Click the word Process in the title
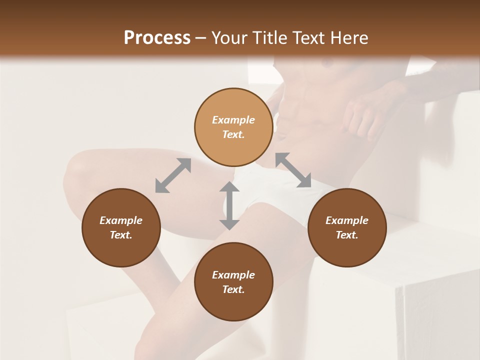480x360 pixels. [157, 38]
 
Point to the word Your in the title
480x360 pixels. [228, 38]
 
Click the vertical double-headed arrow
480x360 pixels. [229, 205]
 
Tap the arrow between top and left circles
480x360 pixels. [173, 175]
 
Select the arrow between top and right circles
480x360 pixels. [293, 170]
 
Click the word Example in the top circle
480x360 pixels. [233, 120]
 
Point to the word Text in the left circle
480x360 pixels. [121, 235]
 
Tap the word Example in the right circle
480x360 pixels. [347, 220]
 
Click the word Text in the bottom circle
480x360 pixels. [233, 289]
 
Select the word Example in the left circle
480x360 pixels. [121, 220]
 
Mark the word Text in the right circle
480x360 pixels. [347, 235]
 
